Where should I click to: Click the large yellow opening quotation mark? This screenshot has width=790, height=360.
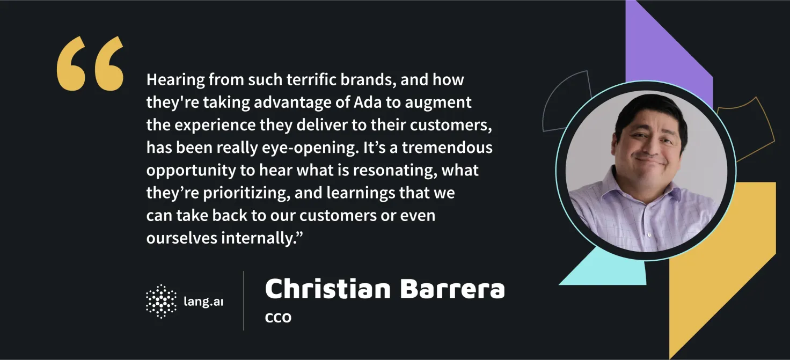pos(90,63)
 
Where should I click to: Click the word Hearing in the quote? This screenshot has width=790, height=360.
pos(175,80)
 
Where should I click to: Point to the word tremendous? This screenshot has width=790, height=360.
pos(447,148)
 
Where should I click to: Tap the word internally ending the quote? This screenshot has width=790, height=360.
pos(259,238)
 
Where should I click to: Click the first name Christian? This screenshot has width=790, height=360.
pos(328,289)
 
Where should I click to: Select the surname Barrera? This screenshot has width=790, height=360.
pos(452,289)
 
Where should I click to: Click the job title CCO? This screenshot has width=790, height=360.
pos(278,318)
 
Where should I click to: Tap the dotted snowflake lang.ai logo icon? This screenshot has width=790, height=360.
pos(161,302)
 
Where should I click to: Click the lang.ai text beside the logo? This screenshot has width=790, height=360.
pos(203,302)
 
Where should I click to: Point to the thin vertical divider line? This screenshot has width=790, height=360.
pos(244,301)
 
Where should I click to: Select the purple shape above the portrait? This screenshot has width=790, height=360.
pos(669,53)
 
